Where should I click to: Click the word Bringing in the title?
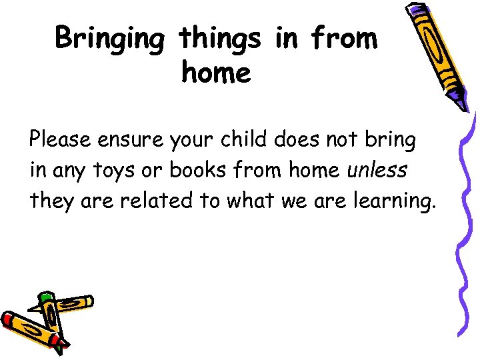pos(109,39)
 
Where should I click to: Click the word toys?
pos(113,171)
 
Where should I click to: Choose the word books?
pos(195,170)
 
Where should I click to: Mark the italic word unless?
pos(377,170)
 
